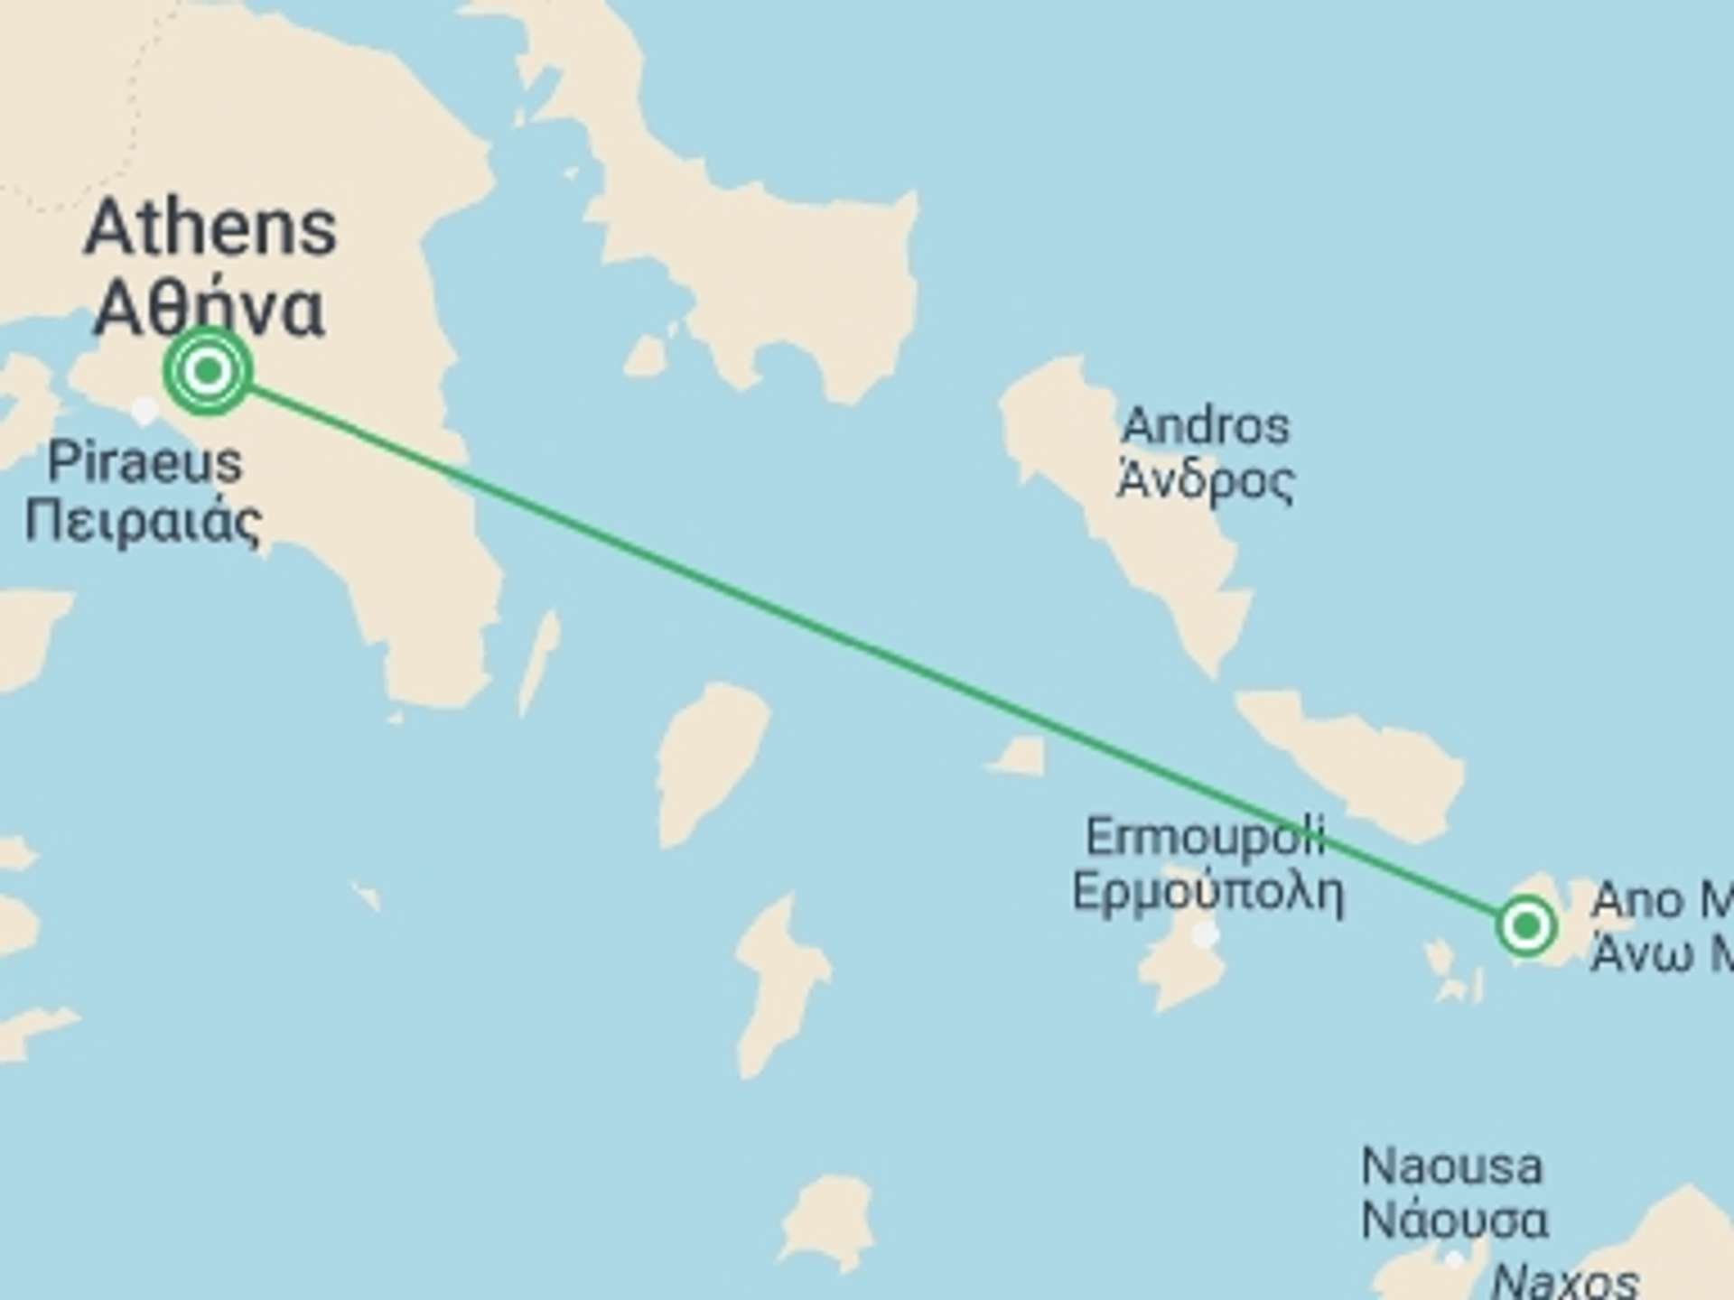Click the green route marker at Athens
(208, 370)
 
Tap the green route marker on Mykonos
(1525, 925)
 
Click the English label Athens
(210, 228)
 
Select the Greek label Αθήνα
(209, 308)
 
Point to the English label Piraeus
(144, 462)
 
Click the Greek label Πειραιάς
(143, 523)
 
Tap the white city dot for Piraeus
(144, 411)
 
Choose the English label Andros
(1205, 425)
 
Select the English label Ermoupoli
(1205, 837)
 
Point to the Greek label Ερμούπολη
(1207, 891)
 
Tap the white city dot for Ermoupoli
(1206, 934)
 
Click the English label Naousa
(1451, 1166)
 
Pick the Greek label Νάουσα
(1454, 1221)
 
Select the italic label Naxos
(1565, 1280)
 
